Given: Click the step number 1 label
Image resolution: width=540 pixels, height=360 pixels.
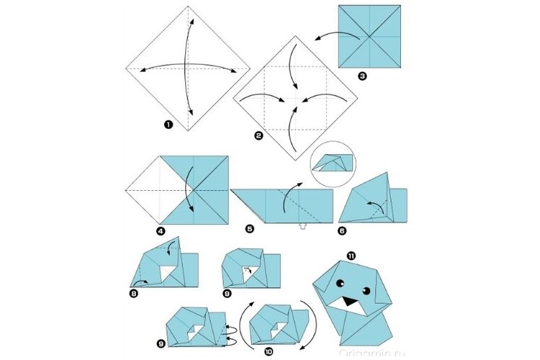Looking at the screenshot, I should pyautogui.click(x=168, y=124).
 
